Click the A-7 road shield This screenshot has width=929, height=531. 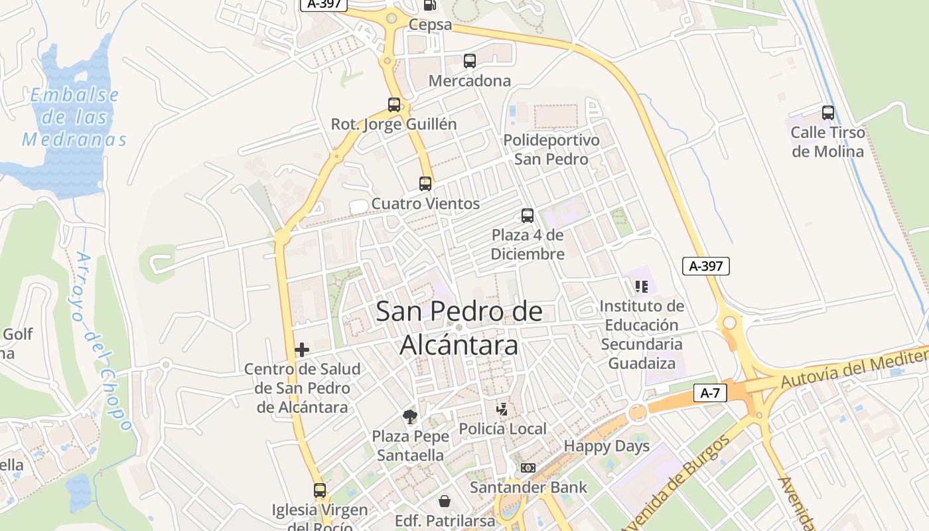(x=710, y=393)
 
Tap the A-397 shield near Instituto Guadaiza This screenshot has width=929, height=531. (x=706, y=266)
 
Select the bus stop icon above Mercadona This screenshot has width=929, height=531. (x=470, y=61)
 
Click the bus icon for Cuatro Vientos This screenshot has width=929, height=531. (x=425, y=184)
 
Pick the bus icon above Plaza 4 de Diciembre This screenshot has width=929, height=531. (x=528, y=216)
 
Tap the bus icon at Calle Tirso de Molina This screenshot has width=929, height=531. (x=828, y=113)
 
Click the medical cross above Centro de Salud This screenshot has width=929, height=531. (x=302, y=350)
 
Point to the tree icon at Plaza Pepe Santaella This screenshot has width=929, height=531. (x=411, y=417)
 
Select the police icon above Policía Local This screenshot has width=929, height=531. (x=503, y=410)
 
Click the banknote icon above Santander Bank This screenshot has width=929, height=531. (x=528, y=468)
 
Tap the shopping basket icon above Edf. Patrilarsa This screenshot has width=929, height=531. (x=445, y=500)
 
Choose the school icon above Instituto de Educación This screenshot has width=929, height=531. (x=641, y=287)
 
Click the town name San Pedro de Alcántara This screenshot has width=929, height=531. (x=459, y=329)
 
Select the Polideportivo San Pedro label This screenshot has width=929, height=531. (x=551, y=150)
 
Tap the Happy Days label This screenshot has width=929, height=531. (x=607, y=446)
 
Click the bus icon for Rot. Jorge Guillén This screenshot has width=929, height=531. (x=394, y=105)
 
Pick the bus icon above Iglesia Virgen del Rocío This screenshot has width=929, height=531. (x=320, y=491)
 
